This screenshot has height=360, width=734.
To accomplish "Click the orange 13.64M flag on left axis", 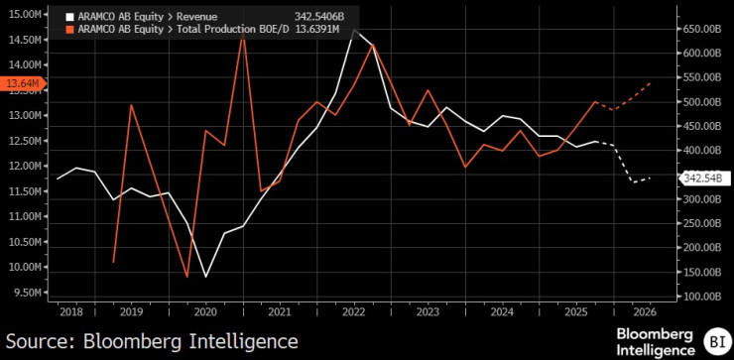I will (21, 84).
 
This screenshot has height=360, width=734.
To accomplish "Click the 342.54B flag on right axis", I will (701, 179).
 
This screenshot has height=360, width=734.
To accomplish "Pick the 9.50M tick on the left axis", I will (24, 293).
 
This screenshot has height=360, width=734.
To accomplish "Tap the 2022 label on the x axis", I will (355, 311).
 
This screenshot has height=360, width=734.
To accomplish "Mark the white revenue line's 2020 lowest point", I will (206, 276).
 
